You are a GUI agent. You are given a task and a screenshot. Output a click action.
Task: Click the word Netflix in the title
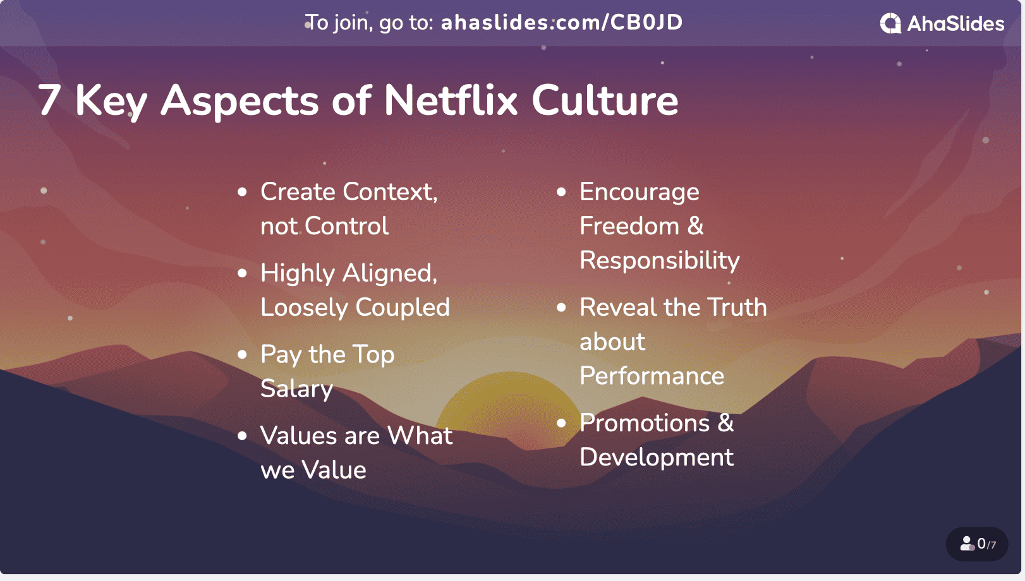[x=451, y=100]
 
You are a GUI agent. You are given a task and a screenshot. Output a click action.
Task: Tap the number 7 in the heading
[x=49, y=100]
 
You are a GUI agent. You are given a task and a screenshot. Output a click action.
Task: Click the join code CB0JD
[x=646, y=22]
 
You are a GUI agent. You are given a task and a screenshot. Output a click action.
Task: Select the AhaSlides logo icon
[x=890, y=23]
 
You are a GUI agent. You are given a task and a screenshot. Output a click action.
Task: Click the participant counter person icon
[x=967, y=544]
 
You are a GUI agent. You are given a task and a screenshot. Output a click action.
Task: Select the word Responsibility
[x=659, y=261]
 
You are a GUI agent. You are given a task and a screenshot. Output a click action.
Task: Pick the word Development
[x=657, y=458]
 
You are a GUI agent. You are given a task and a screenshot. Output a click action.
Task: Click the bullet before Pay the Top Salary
[x=243, y=355]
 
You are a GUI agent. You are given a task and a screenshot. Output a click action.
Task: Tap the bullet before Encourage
[x=561, y=192]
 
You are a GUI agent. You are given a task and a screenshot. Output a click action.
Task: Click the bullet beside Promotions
[x=561, y=423]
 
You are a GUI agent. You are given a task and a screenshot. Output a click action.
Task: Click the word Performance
[x=652, y=376]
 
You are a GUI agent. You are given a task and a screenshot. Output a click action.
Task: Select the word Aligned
[x=390, y=273]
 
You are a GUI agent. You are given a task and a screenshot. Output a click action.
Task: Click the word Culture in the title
[x=605, y=100]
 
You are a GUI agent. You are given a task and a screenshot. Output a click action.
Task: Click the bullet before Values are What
[x=243, y=436]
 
